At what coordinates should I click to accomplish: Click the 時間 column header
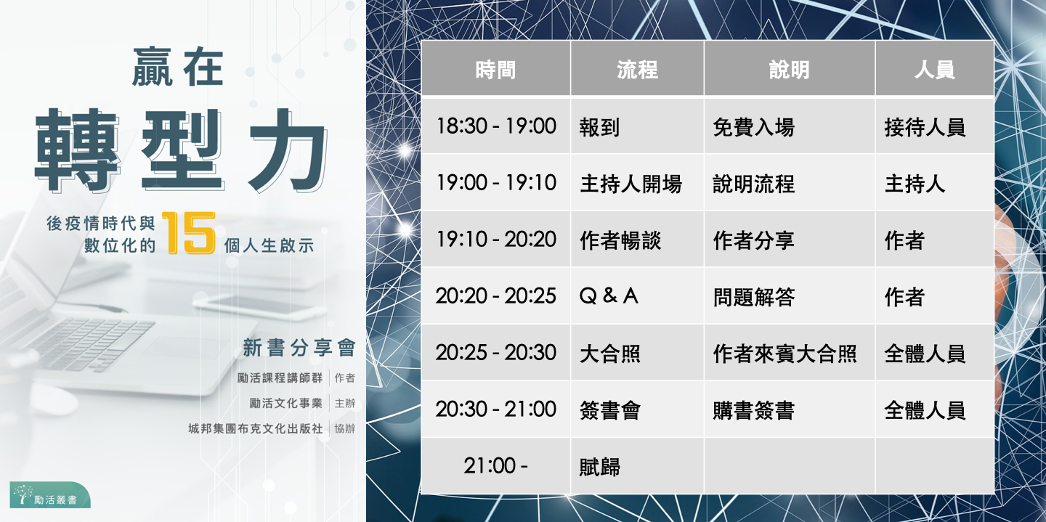(495, 69)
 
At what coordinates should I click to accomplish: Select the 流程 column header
(637, 69)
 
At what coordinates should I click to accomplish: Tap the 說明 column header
(789, 69)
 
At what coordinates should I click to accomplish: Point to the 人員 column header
(934, 69)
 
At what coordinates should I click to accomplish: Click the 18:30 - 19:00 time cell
(495, 126)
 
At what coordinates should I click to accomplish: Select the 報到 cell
(637, 126)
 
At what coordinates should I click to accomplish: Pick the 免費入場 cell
(789, 126)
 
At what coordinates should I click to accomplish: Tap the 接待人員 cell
(934, 126)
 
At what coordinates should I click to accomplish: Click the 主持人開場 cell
(637, 182)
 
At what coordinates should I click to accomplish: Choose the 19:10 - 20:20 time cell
(495, 239)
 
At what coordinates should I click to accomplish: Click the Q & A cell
(637, 296)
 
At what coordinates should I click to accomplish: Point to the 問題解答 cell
(789, 296)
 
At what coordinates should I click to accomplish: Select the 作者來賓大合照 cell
(789, 353)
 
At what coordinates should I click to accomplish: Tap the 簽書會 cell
(637, 409)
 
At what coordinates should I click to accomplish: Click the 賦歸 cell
(637, 466)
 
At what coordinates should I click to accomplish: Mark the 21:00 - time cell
(495, 466)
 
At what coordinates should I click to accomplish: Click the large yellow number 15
(189, 232)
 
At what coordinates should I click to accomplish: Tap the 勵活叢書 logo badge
(50, 494)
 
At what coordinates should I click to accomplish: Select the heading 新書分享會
(299, 348)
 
